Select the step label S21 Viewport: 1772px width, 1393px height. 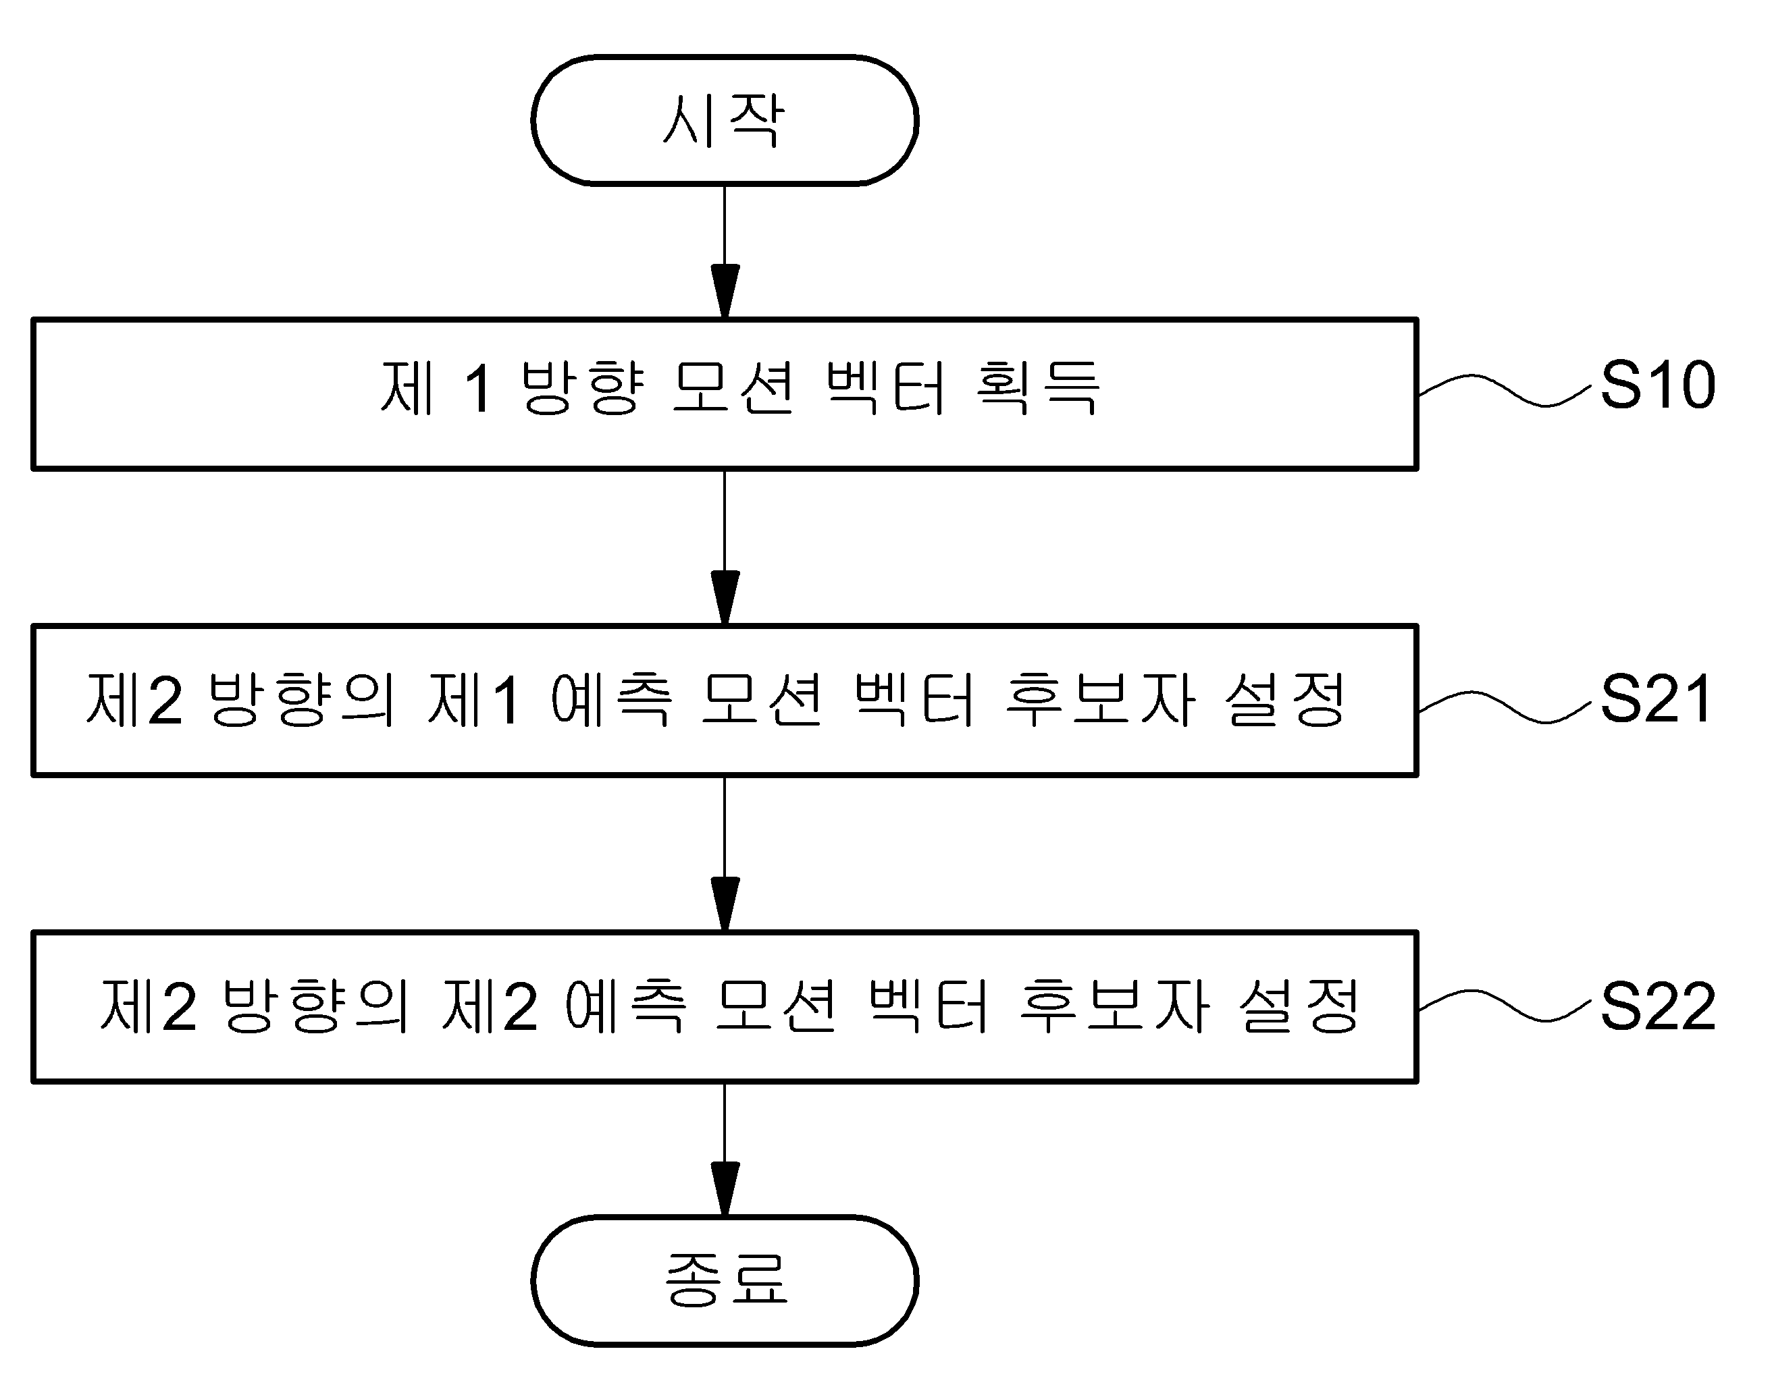[1656, 699]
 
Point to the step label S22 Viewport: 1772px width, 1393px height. [1658, 1007]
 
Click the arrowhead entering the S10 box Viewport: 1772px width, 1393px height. [725, 291]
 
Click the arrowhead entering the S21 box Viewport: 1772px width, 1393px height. [725, 598]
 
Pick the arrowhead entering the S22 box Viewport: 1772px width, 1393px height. [725, 904]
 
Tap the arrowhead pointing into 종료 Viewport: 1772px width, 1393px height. [725, 1189]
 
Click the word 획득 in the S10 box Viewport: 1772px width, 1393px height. [1038, 387]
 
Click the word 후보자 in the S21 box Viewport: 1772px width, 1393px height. [1101, 700]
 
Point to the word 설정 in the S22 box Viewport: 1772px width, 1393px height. [1299, 1006]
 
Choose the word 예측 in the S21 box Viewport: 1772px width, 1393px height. [611, 700]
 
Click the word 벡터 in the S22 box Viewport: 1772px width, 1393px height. [929, 1006]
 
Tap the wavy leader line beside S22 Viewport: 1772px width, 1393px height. [1505, 1006]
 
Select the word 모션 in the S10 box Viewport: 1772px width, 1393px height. [733, 387]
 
